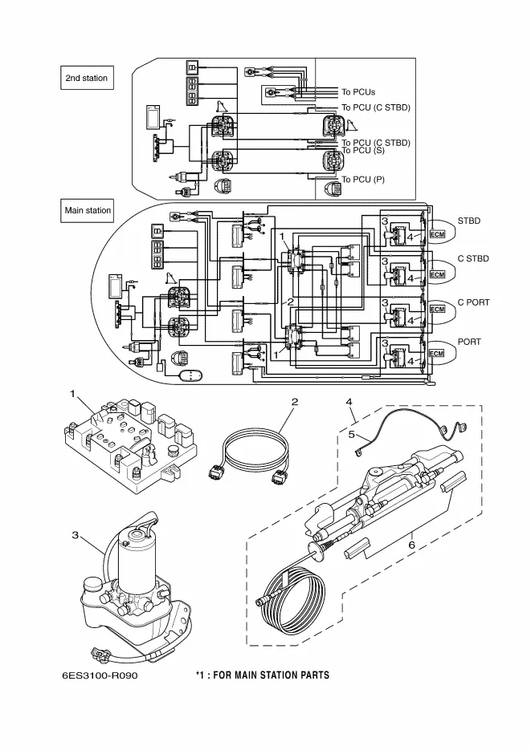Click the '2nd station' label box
86,78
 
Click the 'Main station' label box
88,211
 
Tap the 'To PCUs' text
358,92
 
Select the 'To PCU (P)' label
363,179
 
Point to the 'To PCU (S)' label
363,151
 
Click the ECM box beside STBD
437,233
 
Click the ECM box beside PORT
437,353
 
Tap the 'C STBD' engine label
473,259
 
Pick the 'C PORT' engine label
473,302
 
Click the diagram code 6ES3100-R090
100,675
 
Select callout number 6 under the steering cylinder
412,545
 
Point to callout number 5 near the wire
351,434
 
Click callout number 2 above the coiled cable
296,400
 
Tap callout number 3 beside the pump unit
74,535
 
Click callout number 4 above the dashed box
349,400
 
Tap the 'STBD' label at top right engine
469,219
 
